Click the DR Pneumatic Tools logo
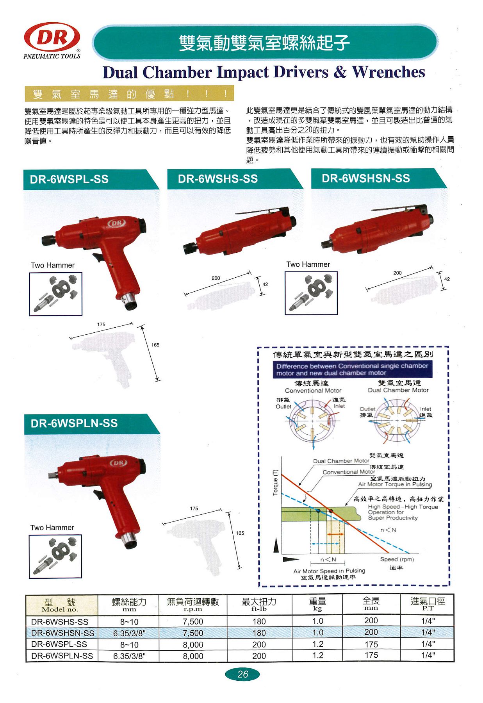point(52,39)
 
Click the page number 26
point(242,674)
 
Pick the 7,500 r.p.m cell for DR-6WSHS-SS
point(193,621)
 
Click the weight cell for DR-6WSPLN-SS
point(318,655)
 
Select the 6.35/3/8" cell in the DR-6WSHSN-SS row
point(129,633)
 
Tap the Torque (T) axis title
point(275,483)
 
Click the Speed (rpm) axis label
point(397,559)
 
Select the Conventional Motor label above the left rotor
point(313,391)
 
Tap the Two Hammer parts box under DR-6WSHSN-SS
point(311,293)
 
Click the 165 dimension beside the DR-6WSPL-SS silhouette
point(155,345)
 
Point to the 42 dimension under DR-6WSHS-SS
point(265,284)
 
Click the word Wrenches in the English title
point(388,72)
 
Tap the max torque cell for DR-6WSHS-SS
point(259,621)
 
